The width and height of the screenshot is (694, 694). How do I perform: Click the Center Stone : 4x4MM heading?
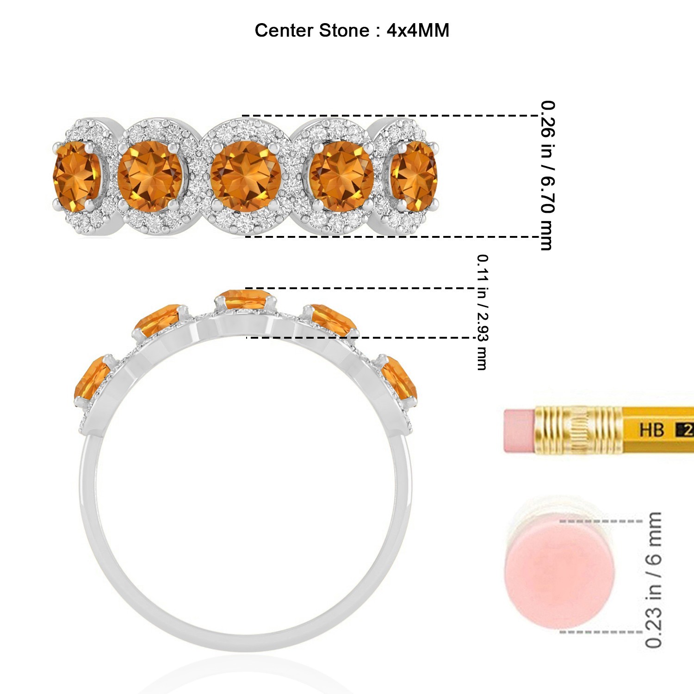[352, 31]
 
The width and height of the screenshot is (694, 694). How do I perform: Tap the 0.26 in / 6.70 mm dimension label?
[547, 176]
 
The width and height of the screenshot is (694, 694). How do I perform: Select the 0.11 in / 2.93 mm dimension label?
[482, 312]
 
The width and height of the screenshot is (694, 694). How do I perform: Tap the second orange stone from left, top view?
[150, 176]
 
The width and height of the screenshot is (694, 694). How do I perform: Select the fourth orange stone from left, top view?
[341, 177]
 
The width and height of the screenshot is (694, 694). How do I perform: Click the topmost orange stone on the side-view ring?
[245, 298]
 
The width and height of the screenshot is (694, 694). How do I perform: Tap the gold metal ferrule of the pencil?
[578, 430]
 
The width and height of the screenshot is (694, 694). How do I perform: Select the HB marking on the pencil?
[651, 430]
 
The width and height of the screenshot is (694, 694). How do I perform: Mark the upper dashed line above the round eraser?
[601, 521]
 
